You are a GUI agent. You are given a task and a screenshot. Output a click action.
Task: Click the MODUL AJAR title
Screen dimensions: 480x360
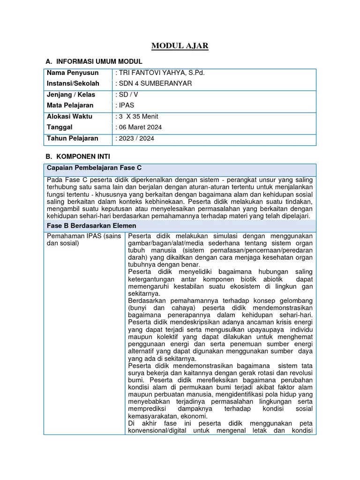180,46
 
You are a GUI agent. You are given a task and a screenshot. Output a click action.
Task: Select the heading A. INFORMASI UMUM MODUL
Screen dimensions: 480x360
94,61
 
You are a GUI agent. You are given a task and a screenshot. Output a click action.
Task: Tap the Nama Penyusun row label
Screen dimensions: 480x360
73,73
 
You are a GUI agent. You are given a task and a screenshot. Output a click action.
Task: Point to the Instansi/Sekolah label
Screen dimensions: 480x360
73,83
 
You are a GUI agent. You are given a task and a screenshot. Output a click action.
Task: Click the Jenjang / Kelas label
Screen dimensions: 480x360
71,95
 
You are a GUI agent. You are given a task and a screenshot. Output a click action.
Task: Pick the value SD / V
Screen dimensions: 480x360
127,95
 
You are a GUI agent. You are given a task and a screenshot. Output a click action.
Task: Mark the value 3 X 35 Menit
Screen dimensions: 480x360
138,116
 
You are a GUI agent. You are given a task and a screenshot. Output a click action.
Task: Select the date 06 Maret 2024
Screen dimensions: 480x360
139,127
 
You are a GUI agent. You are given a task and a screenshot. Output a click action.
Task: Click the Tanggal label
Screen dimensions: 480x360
60,127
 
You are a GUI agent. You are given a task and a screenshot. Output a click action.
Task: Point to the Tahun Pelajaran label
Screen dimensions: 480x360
73,138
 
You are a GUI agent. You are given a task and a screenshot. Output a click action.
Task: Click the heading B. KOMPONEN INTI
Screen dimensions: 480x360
78,157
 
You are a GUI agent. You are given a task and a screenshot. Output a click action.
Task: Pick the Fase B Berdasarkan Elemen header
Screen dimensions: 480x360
90,226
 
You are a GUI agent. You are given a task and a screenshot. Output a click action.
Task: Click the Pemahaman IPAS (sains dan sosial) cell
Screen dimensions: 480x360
84,240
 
